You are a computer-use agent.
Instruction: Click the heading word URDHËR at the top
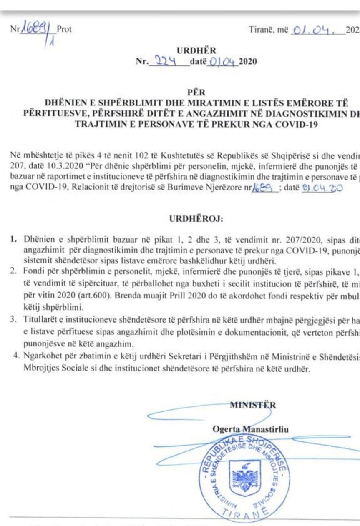196,51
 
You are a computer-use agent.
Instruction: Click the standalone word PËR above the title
196,92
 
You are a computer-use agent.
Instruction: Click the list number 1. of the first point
14,240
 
